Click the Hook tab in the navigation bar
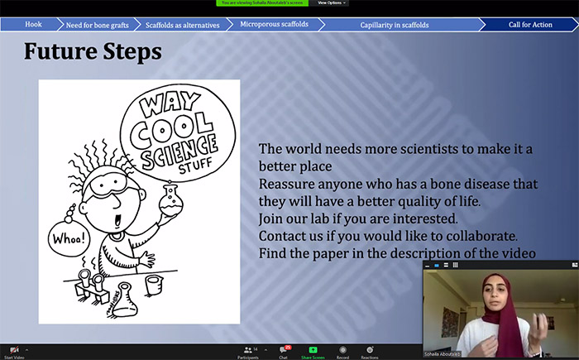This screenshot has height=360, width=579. pyautogui.click(x=33, y=25)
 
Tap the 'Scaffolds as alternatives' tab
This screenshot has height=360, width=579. pyautogui.click(x=182, y=25)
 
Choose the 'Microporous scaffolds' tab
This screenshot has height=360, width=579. pyautogui.click(x=274, y=25)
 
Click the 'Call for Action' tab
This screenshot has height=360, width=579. pyautogui.click(x=530, y=25)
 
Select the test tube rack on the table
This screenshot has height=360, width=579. pyautogui.click(x=92, y=283)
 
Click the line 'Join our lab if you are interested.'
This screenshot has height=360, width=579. pyautogui.click(x=357, y=218)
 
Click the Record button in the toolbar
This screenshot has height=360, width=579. pyautogui.click(x=342, y=352)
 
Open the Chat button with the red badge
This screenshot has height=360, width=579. pyautogui.click(x=284, y=352)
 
